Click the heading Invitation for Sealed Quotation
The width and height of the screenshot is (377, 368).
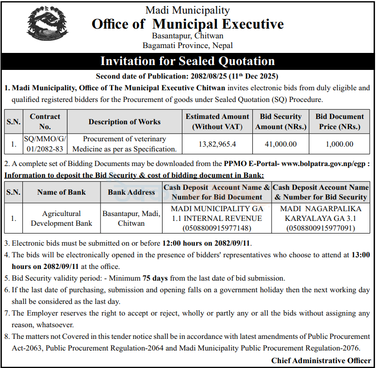point(187,61)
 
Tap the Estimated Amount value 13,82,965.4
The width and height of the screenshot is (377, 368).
point(217,144)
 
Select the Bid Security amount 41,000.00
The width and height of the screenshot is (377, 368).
point(280,144)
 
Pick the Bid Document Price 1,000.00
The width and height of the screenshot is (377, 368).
point(339,144)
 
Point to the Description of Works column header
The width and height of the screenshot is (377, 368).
point(124,122)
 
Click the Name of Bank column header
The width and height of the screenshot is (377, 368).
point(61,192)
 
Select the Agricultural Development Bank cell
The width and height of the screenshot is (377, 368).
point(61,218)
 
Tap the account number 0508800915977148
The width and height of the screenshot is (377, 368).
point(216,228)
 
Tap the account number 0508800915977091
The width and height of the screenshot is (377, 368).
point(321,228)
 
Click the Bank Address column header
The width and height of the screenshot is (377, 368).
point(131,192)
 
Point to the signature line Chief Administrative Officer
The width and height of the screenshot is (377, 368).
point(321,361)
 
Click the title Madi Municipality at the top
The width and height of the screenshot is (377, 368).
point(187,10)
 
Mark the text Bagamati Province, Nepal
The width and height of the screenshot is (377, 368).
point(187,46)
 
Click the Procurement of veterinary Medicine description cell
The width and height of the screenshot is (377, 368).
point(124,144)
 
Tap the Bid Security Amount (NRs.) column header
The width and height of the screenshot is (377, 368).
point(280,122)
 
